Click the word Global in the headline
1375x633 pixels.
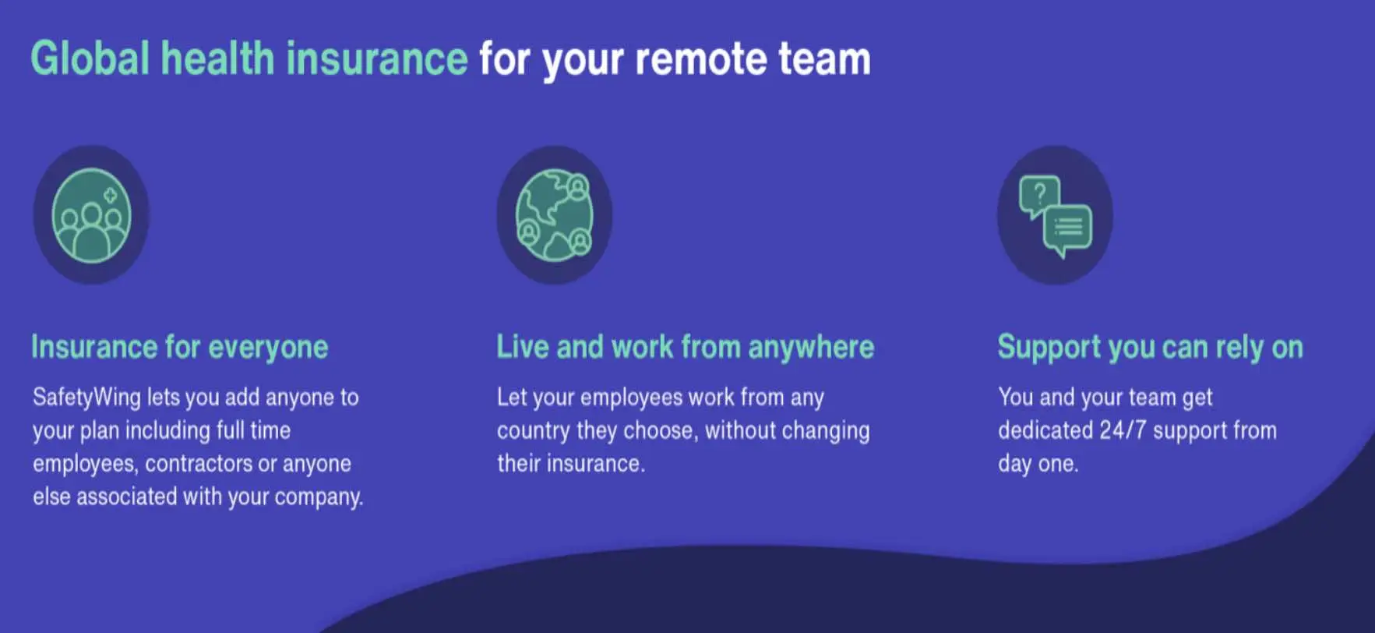click(x=90, y=58)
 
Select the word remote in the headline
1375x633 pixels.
click(x=701, y=59)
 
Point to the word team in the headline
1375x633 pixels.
click(x=824, y=59)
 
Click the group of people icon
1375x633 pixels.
click(x=91, y=215)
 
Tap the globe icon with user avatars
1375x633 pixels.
click(x=555, y=215)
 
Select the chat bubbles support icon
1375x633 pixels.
click(x=1056, y=216)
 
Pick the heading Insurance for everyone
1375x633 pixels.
click(x=179, y=348)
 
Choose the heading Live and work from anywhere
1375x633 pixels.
click(x=686, y=348)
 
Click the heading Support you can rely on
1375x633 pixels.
click(x=1151, y=348)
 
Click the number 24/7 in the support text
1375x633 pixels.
click(x=1123, y=430)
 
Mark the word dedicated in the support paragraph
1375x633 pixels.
click(x=1045, y=430)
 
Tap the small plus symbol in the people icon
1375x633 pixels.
click(x=111, y=195)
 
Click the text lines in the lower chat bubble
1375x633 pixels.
click(x=1068, y=227)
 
